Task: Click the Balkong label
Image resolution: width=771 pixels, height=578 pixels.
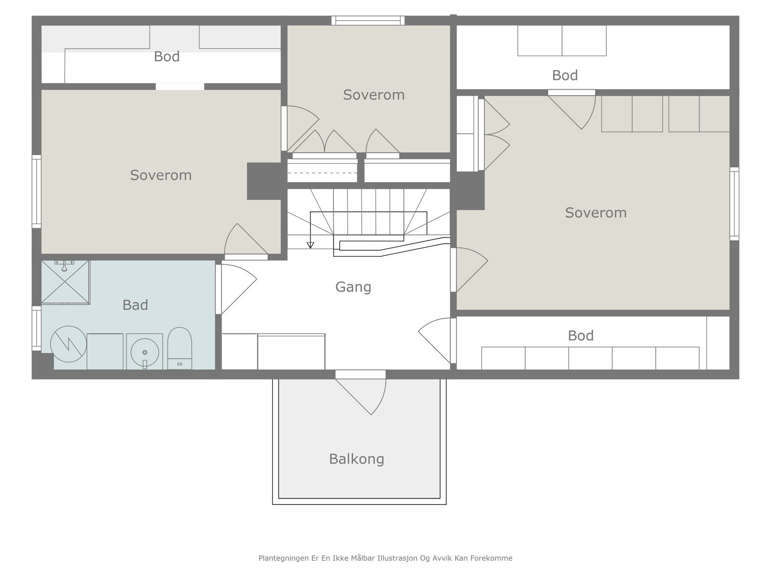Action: [357, 459]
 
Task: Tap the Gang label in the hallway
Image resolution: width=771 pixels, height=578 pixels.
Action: [353, 287]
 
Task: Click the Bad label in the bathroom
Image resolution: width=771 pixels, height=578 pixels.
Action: [135, 305]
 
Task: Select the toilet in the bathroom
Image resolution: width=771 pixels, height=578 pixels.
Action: [180, 348]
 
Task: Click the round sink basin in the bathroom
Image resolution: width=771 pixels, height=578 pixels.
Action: [144, 352]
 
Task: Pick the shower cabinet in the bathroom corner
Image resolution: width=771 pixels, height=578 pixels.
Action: [65, 282]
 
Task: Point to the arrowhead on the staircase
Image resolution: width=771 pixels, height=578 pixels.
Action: [310, 245]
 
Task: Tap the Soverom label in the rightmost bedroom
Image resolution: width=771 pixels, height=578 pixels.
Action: [596, 213]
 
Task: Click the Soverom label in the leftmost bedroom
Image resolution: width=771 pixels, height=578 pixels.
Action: [160, 175]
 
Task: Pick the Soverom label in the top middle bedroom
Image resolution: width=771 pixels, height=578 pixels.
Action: [373, 95]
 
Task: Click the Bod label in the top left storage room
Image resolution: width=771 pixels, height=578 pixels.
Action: [167, 57]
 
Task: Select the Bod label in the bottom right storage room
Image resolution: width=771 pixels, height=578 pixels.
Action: [580, 336]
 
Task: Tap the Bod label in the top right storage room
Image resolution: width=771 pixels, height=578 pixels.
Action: [565, 76]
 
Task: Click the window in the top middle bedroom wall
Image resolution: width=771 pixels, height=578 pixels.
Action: [368, 20]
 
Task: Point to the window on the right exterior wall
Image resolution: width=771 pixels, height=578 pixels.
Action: [734, 204]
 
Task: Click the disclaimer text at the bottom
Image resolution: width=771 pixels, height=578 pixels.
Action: [385, 558]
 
